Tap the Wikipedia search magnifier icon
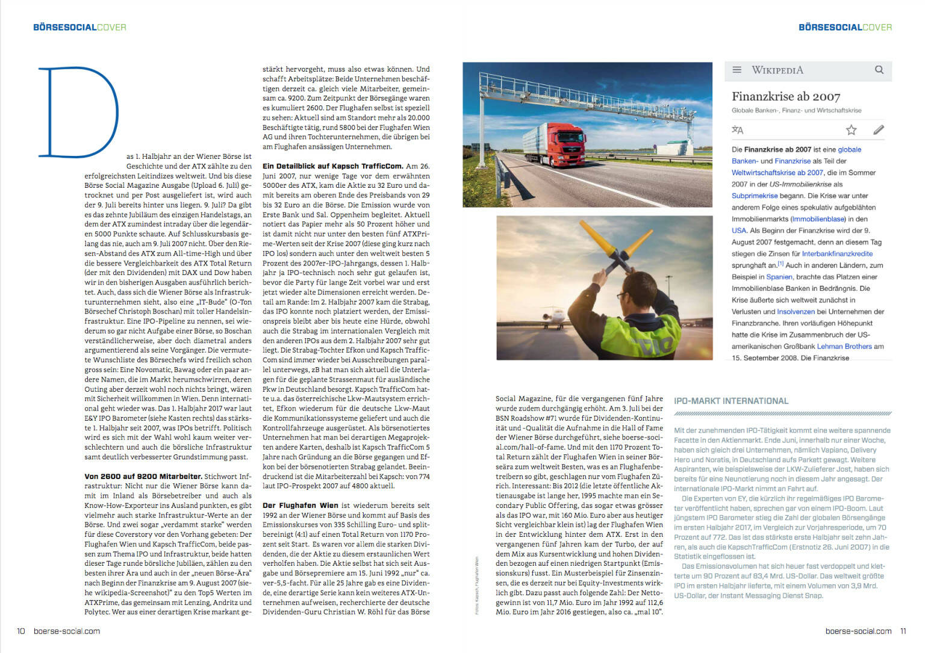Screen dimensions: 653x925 879,70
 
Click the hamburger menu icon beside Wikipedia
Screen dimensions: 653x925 737,70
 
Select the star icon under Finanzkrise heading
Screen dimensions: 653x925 851,129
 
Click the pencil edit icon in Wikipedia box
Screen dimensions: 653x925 879,129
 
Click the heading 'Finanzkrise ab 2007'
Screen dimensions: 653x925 785,96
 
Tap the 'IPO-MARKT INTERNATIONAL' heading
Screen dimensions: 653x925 730,401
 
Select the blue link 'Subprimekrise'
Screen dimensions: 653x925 754,196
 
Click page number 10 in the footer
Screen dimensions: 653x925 21,631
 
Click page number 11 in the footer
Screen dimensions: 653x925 903,631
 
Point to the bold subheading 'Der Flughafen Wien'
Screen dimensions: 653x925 300,506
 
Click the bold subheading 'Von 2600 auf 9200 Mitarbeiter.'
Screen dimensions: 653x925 143,476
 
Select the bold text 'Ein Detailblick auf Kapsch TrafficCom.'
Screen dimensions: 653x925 332,166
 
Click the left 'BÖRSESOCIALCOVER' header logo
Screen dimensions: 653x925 79,27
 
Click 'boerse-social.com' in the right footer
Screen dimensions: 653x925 858,631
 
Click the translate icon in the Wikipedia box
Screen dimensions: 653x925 737,129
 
